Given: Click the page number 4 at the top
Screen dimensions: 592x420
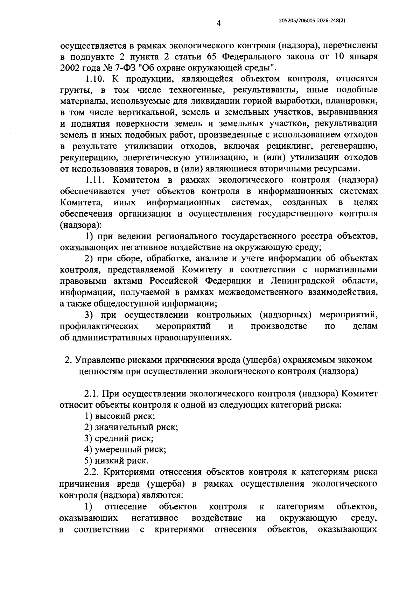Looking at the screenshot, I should tap(218, 23).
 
